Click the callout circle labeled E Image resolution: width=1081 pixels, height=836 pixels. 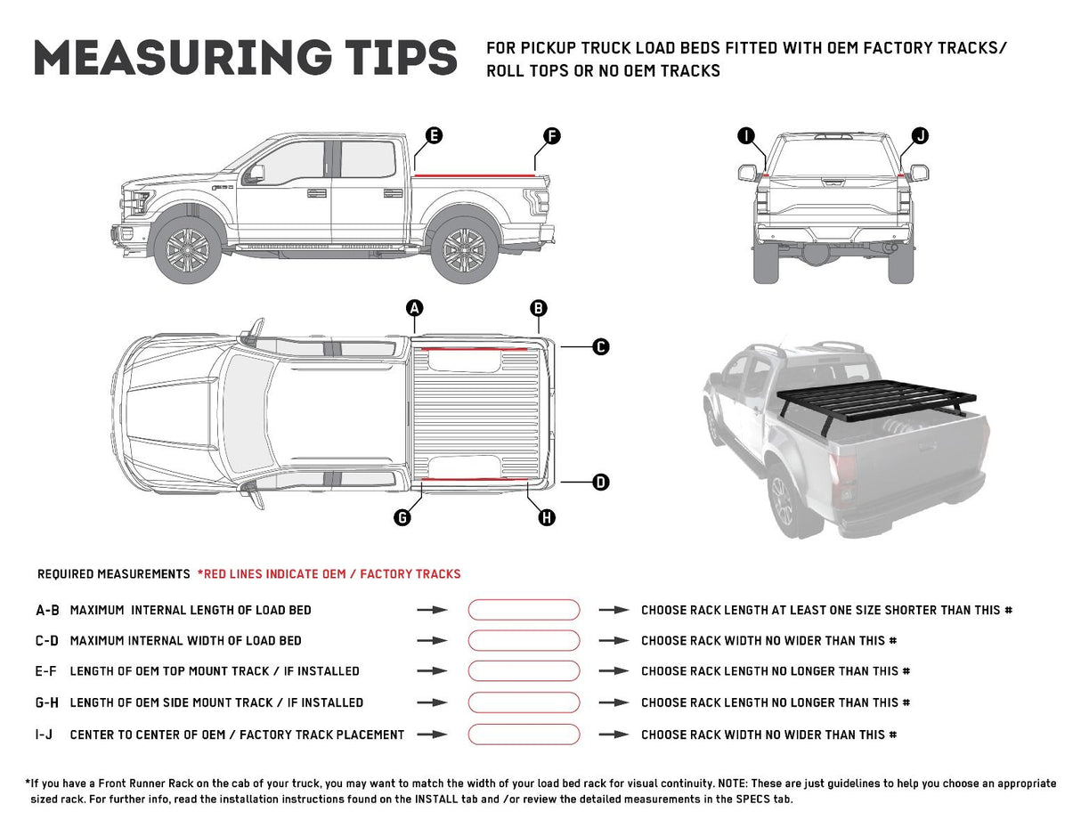coord(434,135)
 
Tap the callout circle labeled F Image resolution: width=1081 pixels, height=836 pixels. coord(552,135)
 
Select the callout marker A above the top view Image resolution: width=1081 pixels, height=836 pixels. coord(414,308)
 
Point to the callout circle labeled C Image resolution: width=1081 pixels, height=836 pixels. coord(601,346)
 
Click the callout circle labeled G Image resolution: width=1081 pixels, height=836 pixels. coord(402,517)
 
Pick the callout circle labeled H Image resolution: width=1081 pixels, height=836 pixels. coord(547,517)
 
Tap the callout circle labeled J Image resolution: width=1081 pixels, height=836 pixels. coord(920,135)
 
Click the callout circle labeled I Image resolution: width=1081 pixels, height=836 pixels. coord(746,135)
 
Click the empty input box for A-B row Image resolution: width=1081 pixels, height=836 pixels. coord(524,610)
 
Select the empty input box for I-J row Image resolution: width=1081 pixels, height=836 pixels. coord(524,735)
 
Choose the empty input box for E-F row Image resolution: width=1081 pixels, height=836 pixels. coord(524,671)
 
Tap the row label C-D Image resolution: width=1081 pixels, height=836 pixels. coord(47,641)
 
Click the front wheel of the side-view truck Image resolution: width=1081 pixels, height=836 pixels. coord(188,250)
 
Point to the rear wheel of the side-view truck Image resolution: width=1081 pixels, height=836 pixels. coord(464,248)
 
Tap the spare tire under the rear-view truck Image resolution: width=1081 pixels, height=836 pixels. coord(817,254)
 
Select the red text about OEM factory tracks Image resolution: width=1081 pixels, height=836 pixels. coord(329,574)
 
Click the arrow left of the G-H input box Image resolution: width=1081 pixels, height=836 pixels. coord(432,702)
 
